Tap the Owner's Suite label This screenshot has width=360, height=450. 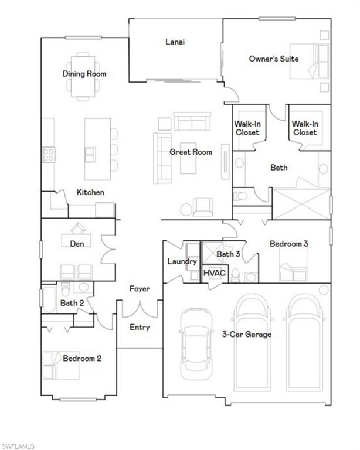[x=273, y=59]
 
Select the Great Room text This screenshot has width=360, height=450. [x=186, y=152]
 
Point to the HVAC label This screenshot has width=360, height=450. [x=212, y=273]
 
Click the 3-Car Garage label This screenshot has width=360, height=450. [x=246, y=335]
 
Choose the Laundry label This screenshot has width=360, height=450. [x=182, y=261]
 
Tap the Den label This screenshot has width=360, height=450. [x=77, y=243]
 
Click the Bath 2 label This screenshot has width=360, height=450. [x=72, y=303]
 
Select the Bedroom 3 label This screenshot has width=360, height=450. [x=288, y=243]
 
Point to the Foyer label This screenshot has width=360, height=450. [x=140, y=289]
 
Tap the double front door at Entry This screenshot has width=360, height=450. [x=140, y=309]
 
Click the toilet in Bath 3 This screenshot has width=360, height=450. [x=236, y=274]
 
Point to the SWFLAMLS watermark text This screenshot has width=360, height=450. [x=18, y=446]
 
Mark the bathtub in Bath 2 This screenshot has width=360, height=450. [x=49, y=299]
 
